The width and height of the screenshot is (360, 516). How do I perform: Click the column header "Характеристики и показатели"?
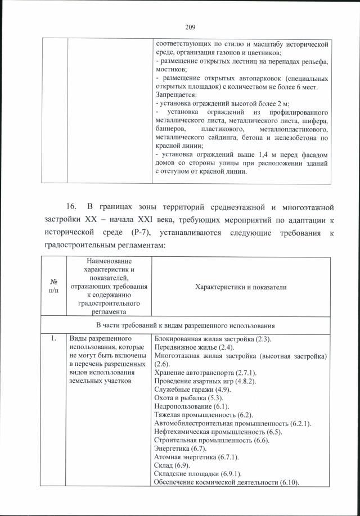tap(240, 287)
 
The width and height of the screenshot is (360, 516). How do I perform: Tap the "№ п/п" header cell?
tap(55, 287)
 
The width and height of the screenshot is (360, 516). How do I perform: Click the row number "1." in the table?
tap(54, 340)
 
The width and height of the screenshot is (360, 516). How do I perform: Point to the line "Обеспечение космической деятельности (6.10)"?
tap(226, 482)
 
